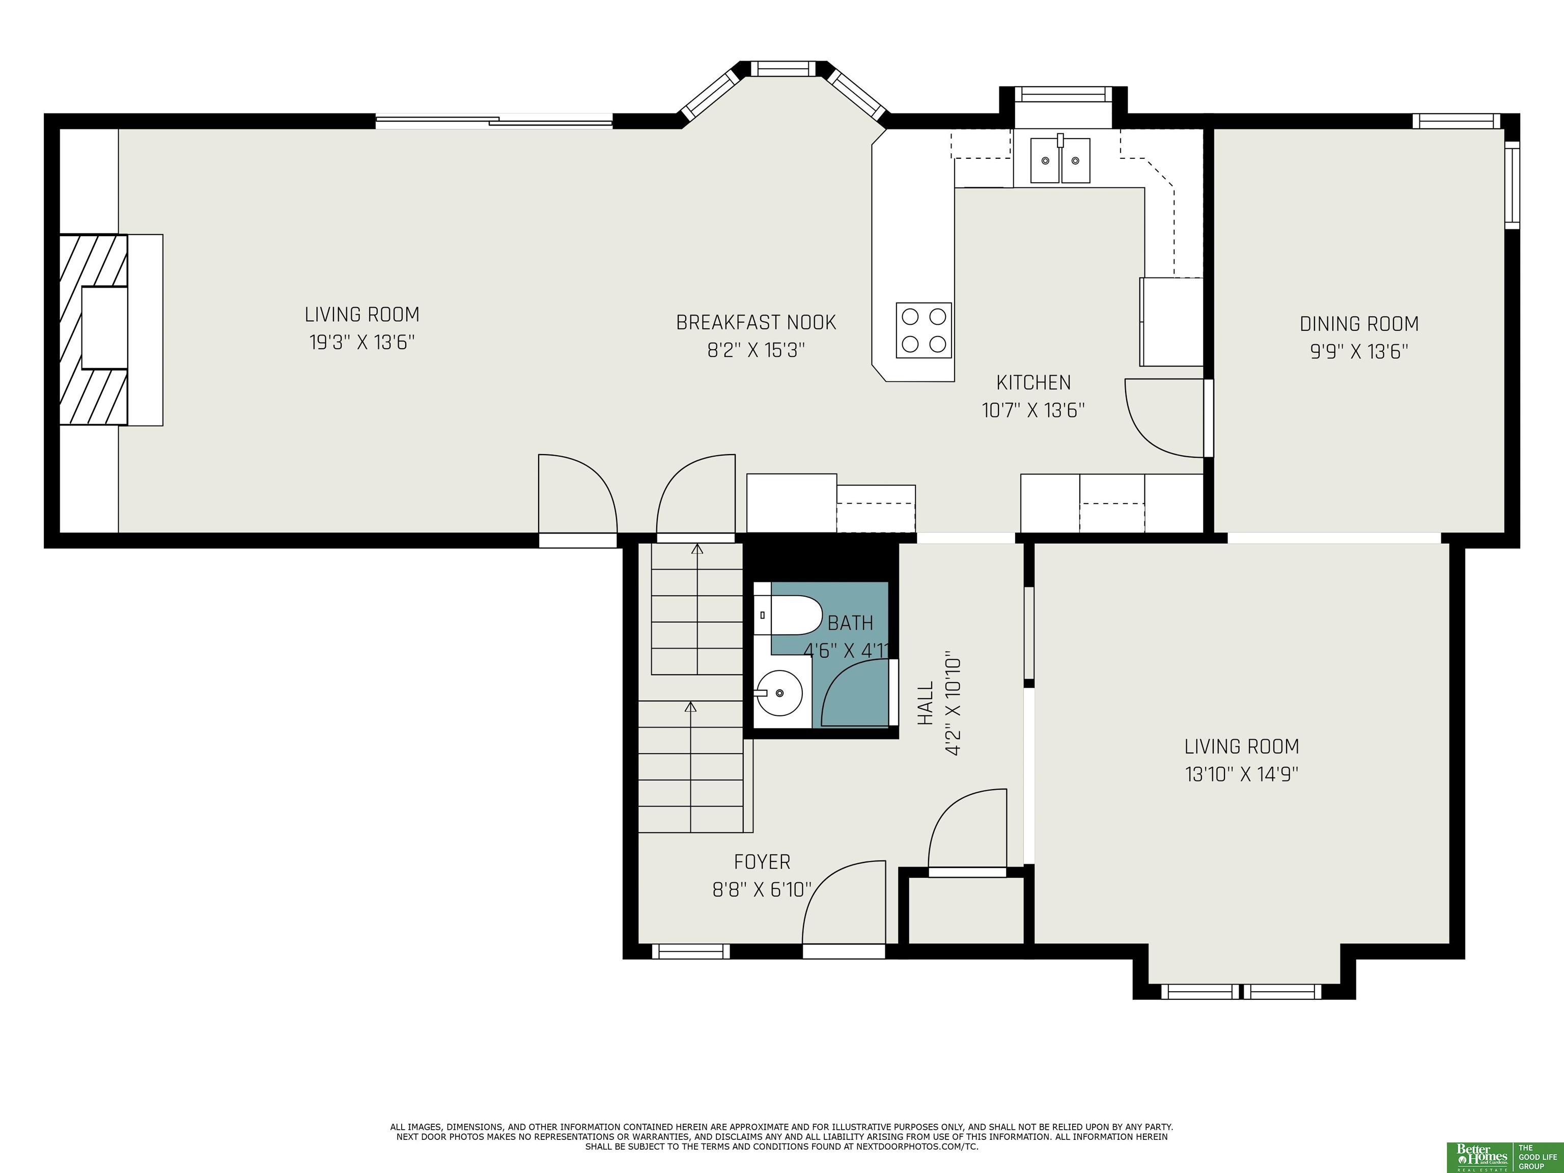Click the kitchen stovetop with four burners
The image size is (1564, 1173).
[924, 330]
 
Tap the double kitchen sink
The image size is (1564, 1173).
[1060, 160]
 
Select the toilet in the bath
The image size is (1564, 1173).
[787, 615]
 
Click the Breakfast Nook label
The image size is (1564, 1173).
[756, 322]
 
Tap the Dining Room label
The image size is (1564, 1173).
[1359, 324]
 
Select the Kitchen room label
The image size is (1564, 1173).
[1033, 382]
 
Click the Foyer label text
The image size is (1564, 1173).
[762, 862]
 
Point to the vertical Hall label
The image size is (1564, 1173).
[925, 703]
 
